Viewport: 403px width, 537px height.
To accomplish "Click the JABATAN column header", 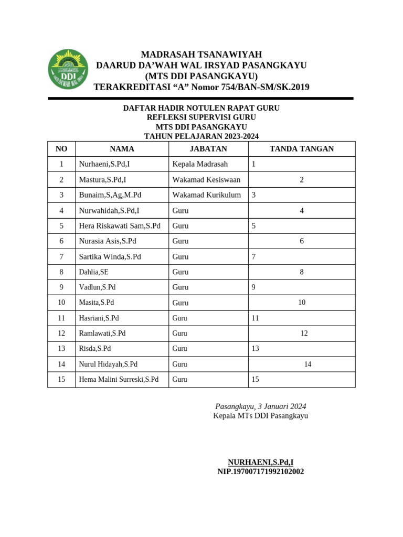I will pos(208,149).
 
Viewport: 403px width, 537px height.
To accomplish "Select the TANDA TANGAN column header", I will pos(301,149).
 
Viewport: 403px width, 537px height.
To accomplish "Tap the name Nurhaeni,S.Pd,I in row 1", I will pos(104,164).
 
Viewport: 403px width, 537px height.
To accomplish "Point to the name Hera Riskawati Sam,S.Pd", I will pos(120,226).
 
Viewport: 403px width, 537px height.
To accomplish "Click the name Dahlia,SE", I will pos(94,272).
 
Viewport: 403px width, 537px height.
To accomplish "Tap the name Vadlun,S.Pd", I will pos(97,287).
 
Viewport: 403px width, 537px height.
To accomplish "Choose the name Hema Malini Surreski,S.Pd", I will pos(119,379).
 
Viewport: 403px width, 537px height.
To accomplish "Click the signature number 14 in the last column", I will pos(307,364).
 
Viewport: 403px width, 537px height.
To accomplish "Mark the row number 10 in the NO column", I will pos(61,303).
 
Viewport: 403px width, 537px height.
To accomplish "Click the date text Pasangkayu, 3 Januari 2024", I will pos(261,406).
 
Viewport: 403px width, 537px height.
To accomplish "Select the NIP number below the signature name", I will pos(261,471).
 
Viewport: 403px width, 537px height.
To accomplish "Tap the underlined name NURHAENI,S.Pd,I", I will pos(261,462).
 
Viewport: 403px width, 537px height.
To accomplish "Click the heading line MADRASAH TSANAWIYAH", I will pos(201,55).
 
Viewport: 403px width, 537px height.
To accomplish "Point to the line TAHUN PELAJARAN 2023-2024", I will pos(201,136).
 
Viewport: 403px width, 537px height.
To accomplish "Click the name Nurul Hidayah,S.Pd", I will pos(108,364).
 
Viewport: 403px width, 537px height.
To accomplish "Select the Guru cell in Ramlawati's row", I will pos(180,334).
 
